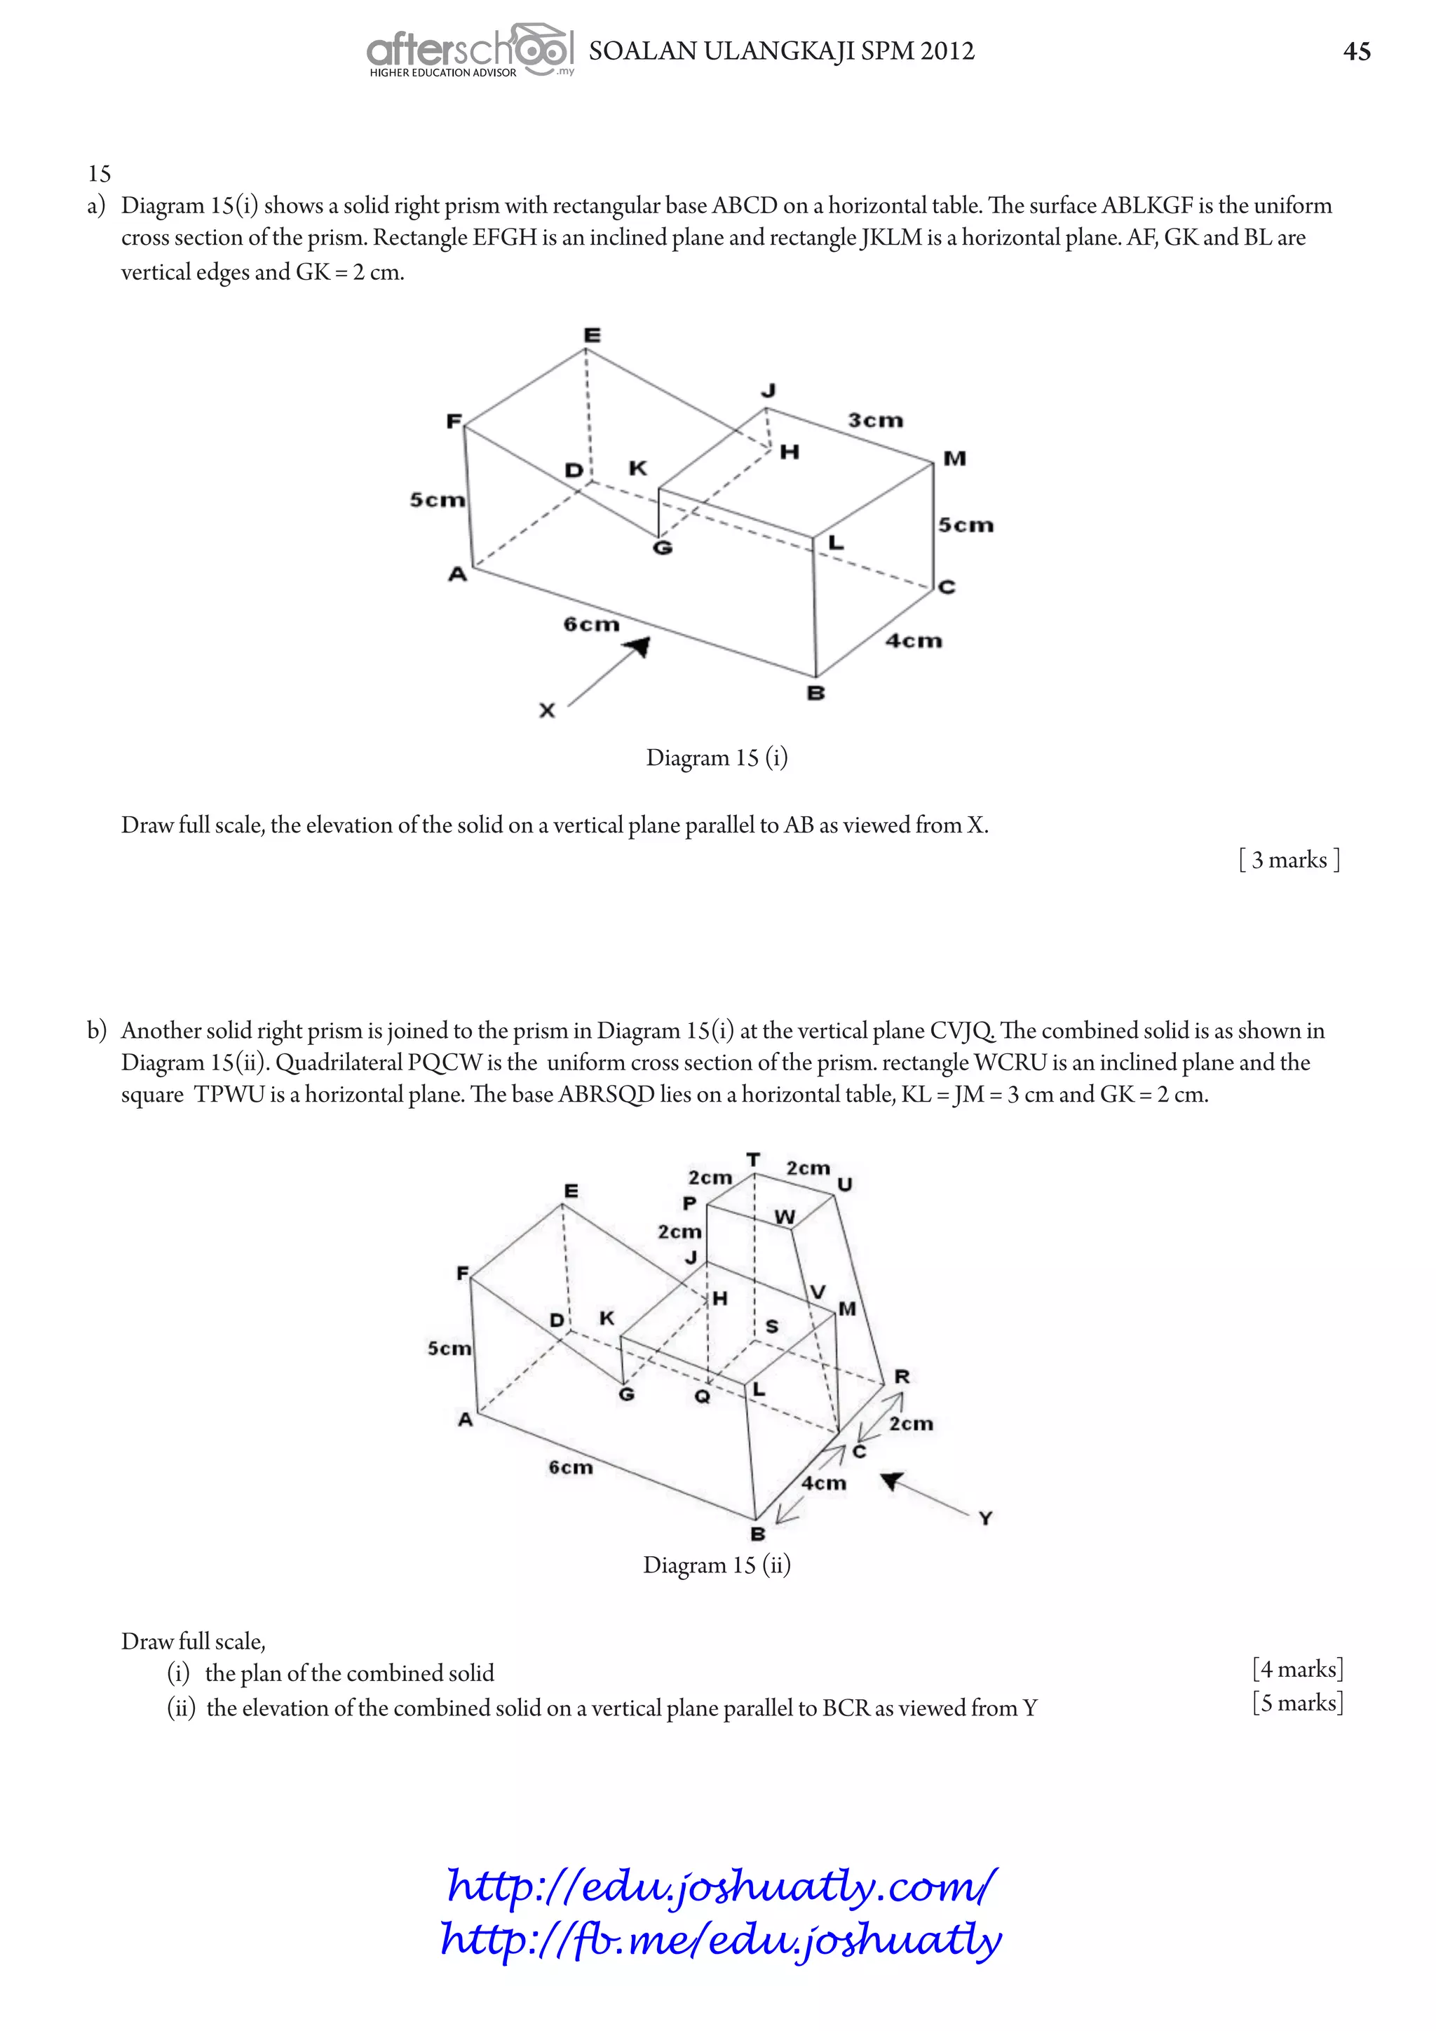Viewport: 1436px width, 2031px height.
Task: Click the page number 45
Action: tap(1357, 51)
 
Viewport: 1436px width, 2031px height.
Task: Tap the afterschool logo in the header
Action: tap(470, 51)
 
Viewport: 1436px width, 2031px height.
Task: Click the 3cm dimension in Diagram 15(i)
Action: tap(875, 420)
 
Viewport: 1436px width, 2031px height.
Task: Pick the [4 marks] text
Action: tap(1297, 1669)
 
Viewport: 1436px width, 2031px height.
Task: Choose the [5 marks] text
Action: tap(1297, 1703)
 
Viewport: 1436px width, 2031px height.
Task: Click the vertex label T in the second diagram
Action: tap(753, 1159)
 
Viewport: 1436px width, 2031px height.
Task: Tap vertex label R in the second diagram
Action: tap(902, 1377)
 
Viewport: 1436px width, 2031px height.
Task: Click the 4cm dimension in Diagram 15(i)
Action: tap(914, 640)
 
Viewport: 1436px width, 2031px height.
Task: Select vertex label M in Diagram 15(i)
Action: tap(954, 458)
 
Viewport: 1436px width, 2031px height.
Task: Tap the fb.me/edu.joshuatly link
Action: tap(722, 1939)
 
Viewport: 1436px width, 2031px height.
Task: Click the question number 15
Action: tap(99, 173)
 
